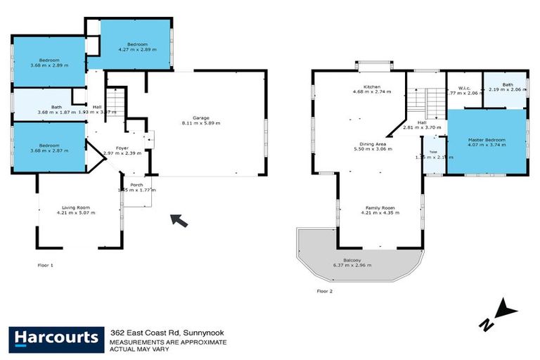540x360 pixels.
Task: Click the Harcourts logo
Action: pyautogui.click(x=55, y=338)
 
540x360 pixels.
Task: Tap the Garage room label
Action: pyautogui.click(x=202, y=117)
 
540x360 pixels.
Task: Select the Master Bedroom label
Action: pyautogui.click(x=487, y=140)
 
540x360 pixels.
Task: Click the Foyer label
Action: pyautogui.click(x=122, y=148)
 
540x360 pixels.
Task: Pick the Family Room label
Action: pyautogui.click(x=380, y=207)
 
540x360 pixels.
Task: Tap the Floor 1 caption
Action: pyautogui.click(x=45, y=265)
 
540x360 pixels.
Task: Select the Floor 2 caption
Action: pyautogui.click(x=324, y=290)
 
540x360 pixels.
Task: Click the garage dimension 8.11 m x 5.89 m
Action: pyautogui.click(x=202, y=123)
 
